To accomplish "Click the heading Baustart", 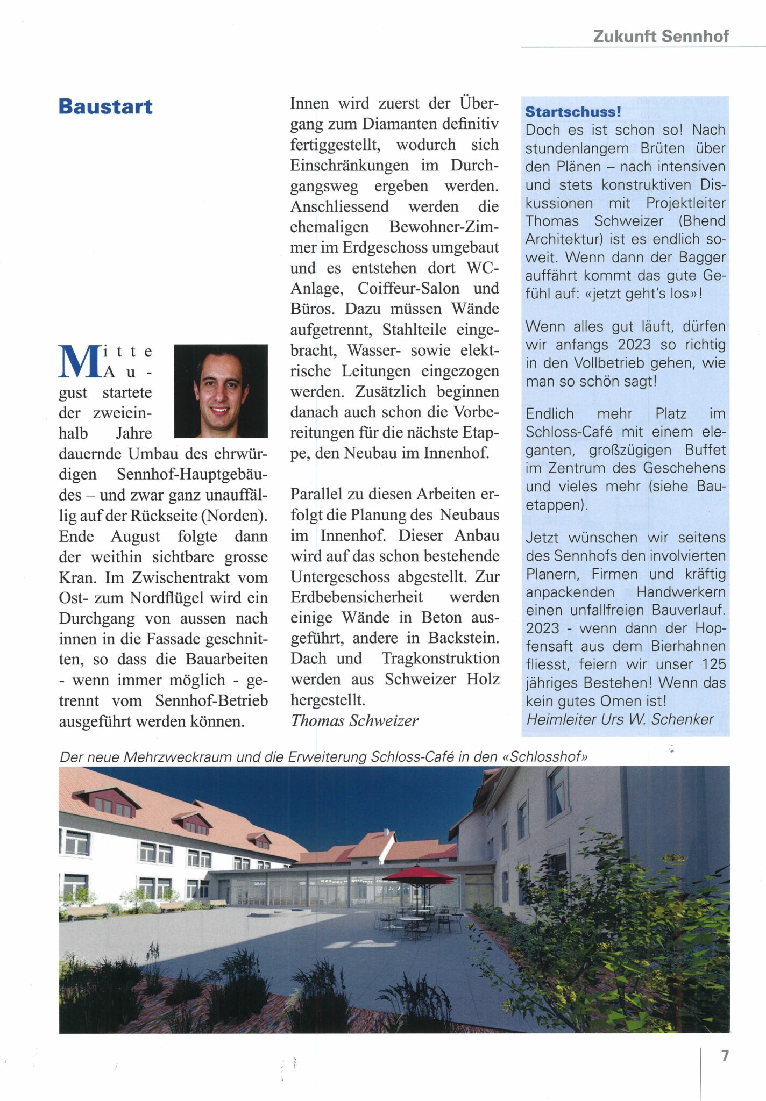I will [105, 106].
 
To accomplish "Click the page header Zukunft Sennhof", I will [661, 36].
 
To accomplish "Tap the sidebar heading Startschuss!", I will [573, 112].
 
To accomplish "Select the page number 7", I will [725, 1055].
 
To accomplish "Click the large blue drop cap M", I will [80, 361].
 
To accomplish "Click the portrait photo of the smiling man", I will [221, 391].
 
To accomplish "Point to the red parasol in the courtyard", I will [419, 874].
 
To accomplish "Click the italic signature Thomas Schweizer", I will [354, 720].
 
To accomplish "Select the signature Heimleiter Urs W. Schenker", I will [620, 719].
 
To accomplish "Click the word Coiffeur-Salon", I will [408, 289].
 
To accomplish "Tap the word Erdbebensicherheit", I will [357, 597].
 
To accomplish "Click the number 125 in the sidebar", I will [713, 664].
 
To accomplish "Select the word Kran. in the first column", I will [77, 577].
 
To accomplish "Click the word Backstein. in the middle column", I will [464, 638].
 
